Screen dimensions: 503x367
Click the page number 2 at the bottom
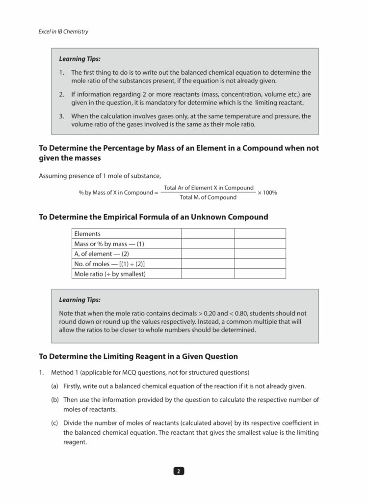[179, 471]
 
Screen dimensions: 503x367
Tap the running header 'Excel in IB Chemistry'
[63, 32]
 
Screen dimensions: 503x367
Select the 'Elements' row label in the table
[87, 234]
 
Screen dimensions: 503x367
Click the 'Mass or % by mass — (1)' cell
[109, 244]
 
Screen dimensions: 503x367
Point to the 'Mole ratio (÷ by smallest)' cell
[110, 274]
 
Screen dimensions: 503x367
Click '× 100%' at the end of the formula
[267, 193]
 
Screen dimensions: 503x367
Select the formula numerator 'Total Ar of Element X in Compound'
[209, 188]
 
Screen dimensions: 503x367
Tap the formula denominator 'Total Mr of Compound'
[208, 198]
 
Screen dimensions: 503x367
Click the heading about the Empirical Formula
[154, 217]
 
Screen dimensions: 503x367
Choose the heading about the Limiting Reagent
[138, 356]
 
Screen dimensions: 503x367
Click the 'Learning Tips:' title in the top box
[79, 59]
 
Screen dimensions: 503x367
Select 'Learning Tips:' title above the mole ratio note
[79, 300]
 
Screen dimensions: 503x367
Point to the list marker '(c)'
[55, 422]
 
